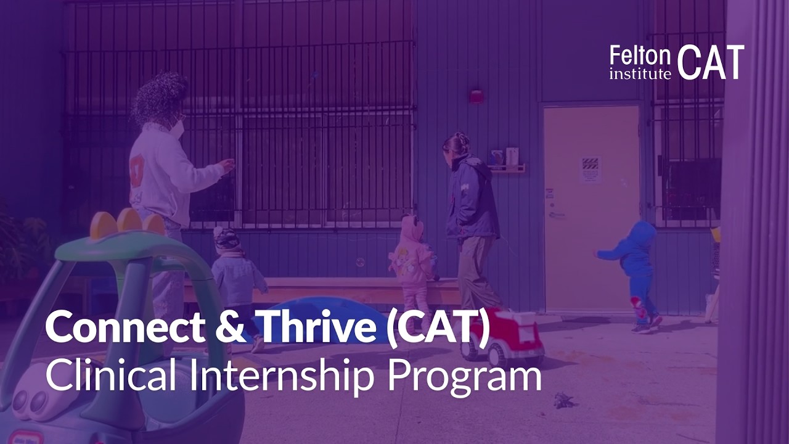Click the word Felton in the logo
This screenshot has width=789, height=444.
coord(640,56)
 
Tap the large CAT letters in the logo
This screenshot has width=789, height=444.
coord(711,62)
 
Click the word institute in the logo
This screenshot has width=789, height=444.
coord(640,74)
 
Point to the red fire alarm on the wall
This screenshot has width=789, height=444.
coord(476,96)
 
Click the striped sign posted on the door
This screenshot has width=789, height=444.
coord(591,169)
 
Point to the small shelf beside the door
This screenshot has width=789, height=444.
coord(507,168)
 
